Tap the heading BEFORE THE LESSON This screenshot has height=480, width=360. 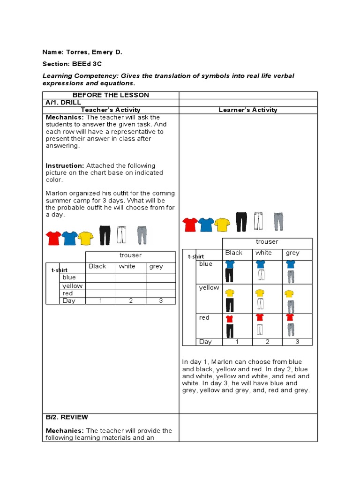111,95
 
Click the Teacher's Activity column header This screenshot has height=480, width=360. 111,110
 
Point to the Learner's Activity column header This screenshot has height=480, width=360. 248,110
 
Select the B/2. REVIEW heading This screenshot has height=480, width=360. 67,417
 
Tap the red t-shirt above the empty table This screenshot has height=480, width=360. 53,238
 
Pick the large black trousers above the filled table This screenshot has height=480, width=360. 241,221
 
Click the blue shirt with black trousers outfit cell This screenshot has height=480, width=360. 230,271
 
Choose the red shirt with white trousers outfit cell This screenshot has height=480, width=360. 259,324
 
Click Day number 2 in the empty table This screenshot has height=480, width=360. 131,301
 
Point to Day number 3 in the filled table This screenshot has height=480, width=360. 297,342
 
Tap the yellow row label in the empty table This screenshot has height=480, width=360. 72,286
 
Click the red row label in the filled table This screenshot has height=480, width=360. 204,318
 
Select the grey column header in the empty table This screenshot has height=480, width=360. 156,266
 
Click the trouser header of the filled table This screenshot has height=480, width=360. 267,242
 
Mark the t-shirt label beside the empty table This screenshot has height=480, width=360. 60,270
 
